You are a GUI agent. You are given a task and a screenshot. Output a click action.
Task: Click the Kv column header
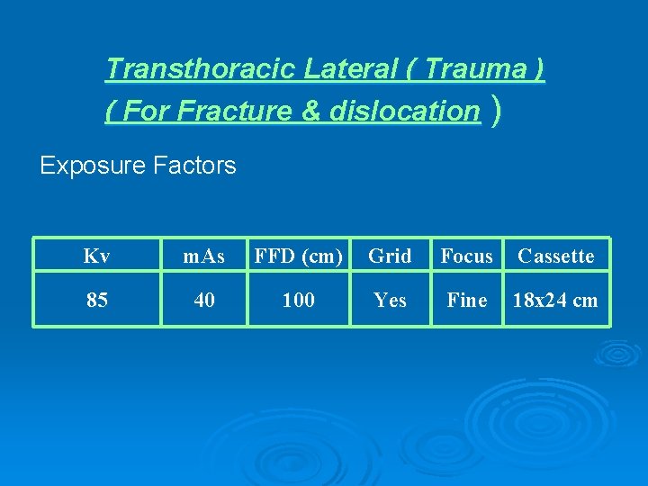pyautogui.click(x=96, y=256)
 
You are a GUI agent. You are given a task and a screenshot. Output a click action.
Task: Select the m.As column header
pyautogui.click(x=204, y=256)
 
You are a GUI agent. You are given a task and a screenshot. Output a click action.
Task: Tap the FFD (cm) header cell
pyautogui.click(x=298, y=256)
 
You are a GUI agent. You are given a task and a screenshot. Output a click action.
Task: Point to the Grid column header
pyautogui.click(x=390, y=256)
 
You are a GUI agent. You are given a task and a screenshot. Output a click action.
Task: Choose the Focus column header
pyautogui.click(x=466, y=256)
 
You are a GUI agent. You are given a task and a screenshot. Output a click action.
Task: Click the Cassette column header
pyautogui.click(x=555, y=256)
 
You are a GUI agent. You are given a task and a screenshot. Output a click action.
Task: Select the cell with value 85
pyautogui.click(x=96, y=301)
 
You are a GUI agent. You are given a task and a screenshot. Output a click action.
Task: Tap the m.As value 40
pyautogui.click(x=204, y=301)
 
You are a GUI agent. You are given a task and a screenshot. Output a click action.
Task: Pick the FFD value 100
pyautogui.click(x=298, y=301)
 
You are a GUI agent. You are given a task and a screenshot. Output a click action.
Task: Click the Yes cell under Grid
pyautogui.click(x=390, y=301)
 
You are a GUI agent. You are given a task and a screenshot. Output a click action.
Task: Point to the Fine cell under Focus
pyautogui.click(x=466, y=301)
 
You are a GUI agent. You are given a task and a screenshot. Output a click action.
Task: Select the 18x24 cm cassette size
pyautogui.click(x=555, y=301)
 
